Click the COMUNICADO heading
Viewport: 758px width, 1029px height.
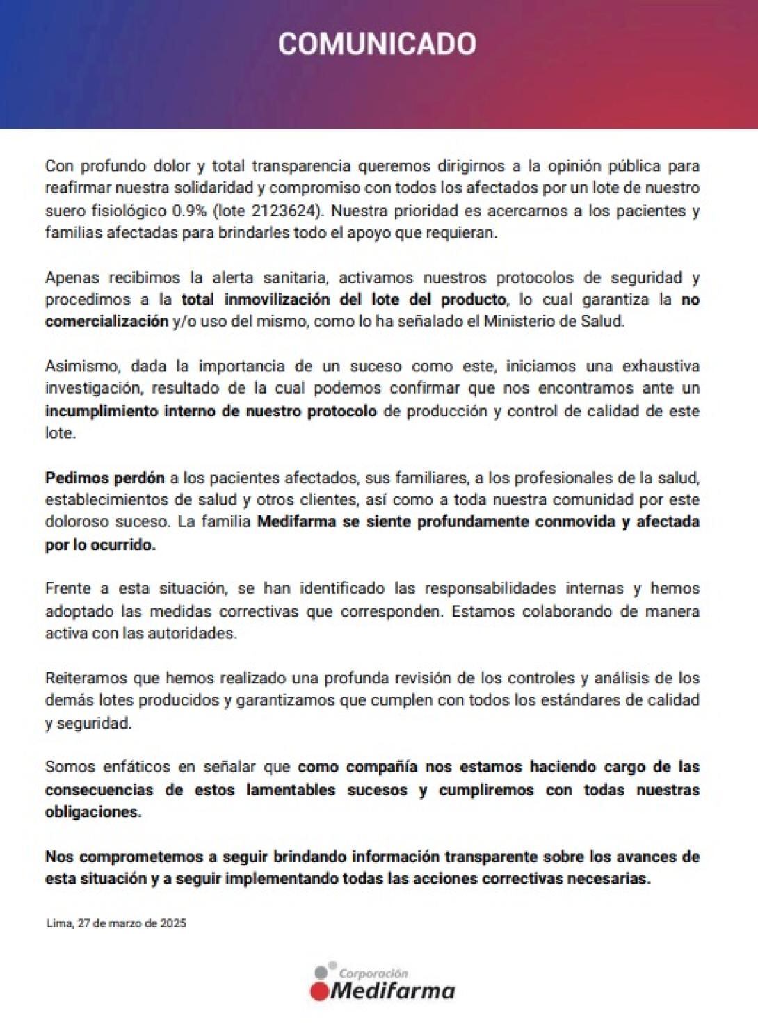click(378, 44)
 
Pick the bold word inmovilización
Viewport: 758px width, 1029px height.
click(277, 300)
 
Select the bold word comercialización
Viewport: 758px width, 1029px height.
click(107, 322)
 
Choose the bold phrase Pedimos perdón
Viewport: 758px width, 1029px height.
click(105, 478)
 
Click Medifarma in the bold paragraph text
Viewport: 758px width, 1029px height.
click(297, 522)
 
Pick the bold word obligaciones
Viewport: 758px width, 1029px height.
click(92, 812)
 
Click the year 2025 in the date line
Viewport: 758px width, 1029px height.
click(173, 924)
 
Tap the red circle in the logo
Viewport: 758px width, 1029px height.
click(321, 991)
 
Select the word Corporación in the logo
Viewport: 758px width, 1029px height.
click(373, 974)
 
